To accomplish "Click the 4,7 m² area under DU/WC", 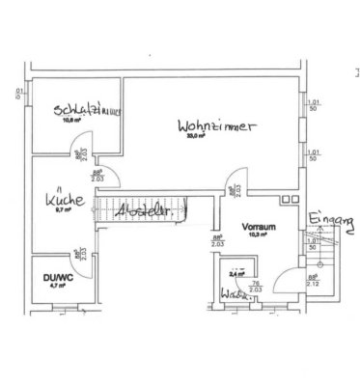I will (x=57, y=286).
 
